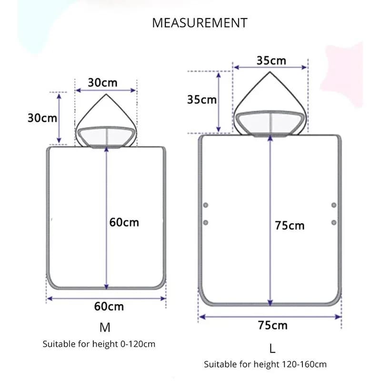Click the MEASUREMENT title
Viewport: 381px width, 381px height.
[x=200, y=23]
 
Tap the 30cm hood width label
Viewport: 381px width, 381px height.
[x=102, y=82]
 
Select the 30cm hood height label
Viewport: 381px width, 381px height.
[x=42, y=118]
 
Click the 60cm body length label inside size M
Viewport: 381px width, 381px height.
[x=124, y=222]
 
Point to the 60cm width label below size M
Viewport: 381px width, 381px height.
[x=109, y=306]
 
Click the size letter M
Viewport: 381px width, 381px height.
[x=105, y=327]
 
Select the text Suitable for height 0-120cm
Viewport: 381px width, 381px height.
[x=99, y=344]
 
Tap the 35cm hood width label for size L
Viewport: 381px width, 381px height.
[x=271, y=60]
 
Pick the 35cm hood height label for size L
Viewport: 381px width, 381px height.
[x=201, y=100]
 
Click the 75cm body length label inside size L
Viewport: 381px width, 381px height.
[x=290, y=225]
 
